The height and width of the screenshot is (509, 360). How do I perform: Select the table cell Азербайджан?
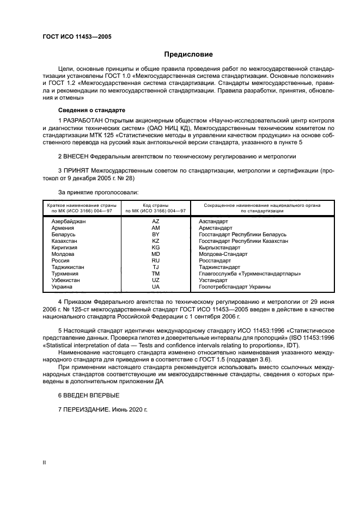(x=69, y=222)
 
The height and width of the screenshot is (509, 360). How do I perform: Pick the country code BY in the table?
(x=155, y=235)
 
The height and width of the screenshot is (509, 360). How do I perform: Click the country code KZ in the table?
(x=155, y=241)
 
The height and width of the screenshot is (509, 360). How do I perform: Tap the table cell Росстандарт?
(x=215, y=261)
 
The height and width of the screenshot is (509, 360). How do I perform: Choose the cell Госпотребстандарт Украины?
(x=235, y=286)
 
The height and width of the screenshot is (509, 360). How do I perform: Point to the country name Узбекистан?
(x=65, y=280)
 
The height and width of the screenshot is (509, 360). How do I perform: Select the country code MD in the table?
(x=155, y=254)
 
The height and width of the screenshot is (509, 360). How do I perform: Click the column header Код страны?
(x=155, y=205)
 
